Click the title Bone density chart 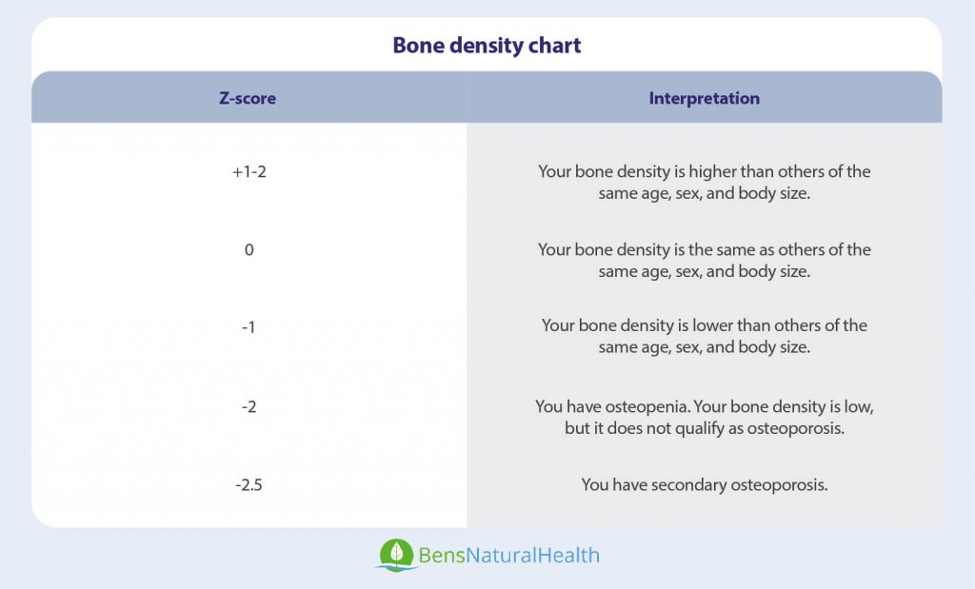tap(487, 46)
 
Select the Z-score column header tap(248, 98)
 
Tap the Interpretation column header tap(704, 98)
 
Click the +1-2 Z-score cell tap(249, 172)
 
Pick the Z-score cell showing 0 tap(249, 250)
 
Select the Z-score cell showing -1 tap(249, 327)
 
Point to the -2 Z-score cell tap(249, 406)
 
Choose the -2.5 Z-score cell tap(249, 484)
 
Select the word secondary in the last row tap(692, 484)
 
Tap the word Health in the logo tap(568, 555)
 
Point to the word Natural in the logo tap(501, 555)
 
